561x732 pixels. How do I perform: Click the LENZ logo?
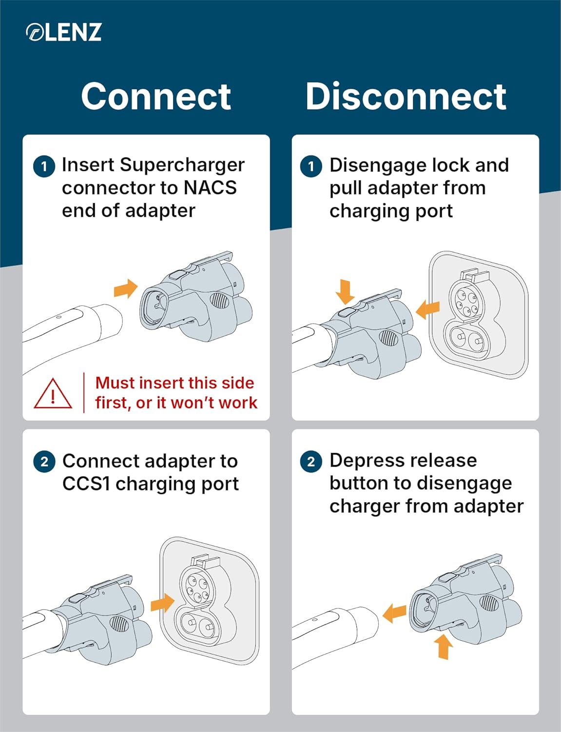point(63,32)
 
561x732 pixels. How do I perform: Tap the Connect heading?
point(156,96)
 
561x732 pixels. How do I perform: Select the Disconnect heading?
point(406,96)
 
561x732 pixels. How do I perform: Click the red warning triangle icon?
point(53,394)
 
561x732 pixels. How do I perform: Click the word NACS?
point(210,187)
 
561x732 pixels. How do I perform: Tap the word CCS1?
point(86,484)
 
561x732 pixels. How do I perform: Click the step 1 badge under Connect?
point(44,166)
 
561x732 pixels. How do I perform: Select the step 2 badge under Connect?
point(44,462)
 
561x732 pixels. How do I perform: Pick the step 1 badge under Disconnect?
point(311,166)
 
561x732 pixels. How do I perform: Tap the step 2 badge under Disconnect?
point(311,462)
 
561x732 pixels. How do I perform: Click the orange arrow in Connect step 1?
point(126,289)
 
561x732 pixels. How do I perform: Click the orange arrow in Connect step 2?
point(162,603)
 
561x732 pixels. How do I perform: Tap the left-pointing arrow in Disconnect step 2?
point(394,613)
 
